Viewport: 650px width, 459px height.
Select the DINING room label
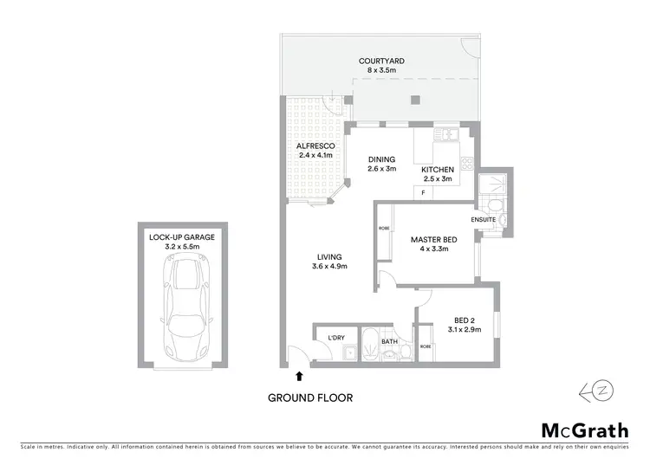coord(381,159)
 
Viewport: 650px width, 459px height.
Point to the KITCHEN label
coord(438,170)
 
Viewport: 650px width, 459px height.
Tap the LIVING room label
coord(329,257)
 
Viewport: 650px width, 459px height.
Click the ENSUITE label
coord(484,220)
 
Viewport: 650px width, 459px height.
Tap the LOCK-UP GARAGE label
coord(182,236)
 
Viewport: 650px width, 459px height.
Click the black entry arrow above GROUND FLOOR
coord(300,376)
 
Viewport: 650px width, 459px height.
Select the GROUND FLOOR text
coord(310,398)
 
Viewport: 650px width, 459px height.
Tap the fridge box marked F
coord(423,192)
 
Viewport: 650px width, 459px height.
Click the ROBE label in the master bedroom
coord(383,229)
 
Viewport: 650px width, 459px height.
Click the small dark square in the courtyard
coord(415,99)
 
